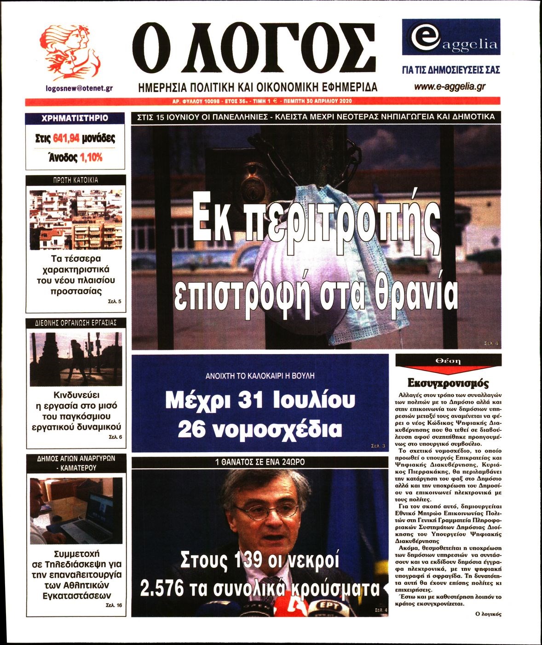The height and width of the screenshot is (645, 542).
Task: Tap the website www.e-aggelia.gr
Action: [450, 86]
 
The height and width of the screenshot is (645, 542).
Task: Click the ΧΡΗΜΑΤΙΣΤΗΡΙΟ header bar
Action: [75, 118]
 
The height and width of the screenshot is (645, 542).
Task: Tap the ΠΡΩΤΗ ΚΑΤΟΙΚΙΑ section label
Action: [75, 180]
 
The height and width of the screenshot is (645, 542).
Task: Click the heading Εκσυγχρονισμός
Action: [448, 383]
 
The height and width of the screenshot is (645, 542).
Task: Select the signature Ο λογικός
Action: [488, 614]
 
